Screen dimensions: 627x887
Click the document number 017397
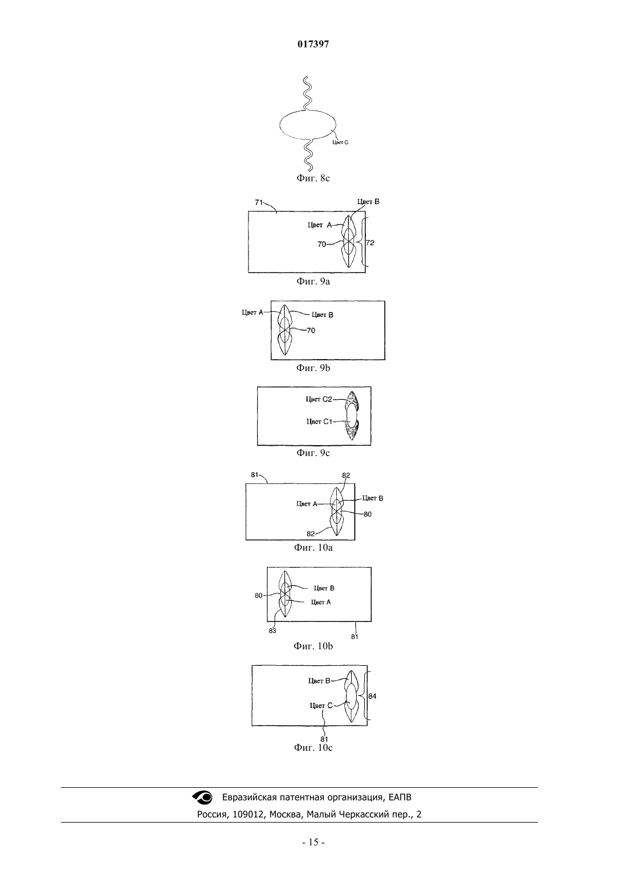(313, 44)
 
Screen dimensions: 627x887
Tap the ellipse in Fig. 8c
(280, 125)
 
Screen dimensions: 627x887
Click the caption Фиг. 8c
(313, 178)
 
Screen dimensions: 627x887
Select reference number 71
(258, 202)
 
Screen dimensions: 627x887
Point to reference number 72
(370, 242)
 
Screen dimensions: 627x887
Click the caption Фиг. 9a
(313, 282)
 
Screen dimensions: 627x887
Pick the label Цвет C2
(319, 399)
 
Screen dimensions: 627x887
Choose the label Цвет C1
(319, 421)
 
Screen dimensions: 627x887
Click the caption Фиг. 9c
(313, 453)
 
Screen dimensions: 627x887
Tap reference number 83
(272, 631)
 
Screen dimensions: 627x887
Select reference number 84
(372, 695)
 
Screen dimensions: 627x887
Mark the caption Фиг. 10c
(313, 747)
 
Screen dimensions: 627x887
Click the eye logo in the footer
(202, 797)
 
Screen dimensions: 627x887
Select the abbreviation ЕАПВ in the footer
(400, 797)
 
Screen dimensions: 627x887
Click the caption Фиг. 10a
(313, 548)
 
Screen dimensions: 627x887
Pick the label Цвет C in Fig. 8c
(340, 143)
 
